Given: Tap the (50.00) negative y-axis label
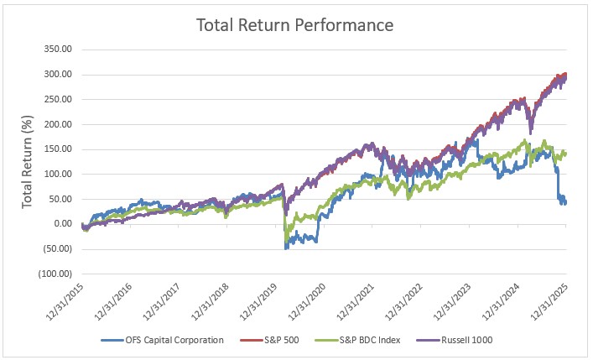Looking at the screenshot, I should [x=58, y=248].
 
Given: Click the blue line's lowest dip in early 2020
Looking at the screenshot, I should [x=286, y=248].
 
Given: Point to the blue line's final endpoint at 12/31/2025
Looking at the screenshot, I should [x=565, y=203].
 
